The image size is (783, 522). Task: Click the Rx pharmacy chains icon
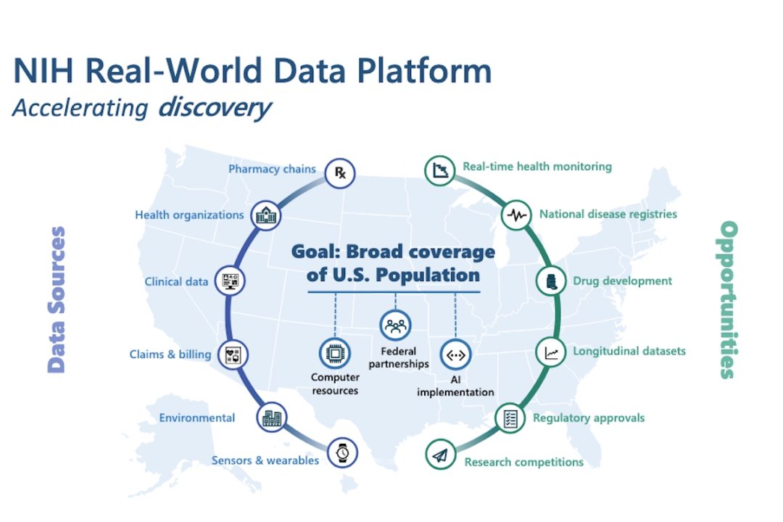click(x=339, y=173)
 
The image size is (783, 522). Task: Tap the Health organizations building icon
click(x=265, y=215)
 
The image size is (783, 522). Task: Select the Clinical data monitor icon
click(x=231, y=281)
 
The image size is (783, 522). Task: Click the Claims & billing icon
click(x=233, y=355)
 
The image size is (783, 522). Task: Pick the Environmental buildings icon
click(x=272, y=417)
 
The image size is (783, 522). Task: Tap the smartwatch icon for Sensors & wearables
click(x=342, y=452)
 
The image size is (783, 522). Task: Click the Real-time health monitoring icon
click(x=440, y=170)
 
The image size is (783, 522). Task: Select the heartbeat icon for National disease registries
click(x=516, y=215)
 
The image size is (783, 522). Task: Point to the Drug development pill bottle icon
click(x=551, y=281)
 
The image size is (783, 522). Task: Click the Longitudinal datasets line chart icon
click(x=551, y=352)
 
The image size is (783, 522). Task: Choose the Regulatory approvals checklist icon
click(x=510, y=418)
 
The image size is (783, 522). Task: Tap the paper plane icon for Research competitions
click(x=441, y=455)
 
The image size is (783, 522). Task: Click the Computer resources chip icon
click(x=334, y=354)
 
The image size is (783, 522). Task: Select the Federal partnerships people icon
click(x=396, y=326)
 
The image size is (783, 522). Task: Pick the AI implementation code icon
click(x=455, y=355)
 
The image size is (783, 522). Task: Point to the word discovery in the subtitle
click(x=215, y=108)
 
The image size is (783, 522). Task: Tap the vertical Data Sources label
click(x=57, y=299)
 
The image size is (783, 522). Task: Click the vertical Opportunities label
click(x=728, y=299)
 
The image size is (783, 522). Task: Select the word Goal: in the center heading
click(x=315, y=252)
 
